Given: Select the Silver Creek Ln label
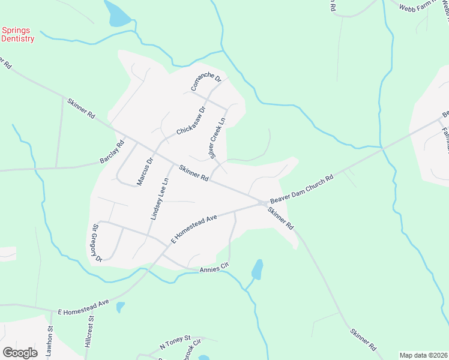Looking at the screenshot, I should point(218,138).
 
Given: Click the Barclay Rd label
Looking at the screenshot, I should point(112,153).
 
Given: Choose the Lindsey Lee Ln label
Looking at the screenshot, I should point(158,199).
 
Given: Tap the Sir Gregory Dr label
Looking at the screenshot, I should point(97,243).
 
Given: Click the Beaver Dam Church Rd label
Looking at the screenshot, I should point(301,190).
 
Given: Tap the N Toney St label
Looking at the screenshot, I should point(175,343).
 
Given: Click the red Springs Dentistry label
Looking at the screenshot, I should point(17,34).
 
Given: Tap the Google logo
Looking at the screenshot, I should point(20,352).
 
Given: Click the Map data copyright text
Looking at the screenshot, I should point(423,355).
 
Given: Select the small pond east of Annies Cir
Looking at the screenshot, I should point(258,269).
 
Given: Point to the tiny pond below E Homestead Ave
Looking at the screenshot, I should point(120,307).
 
